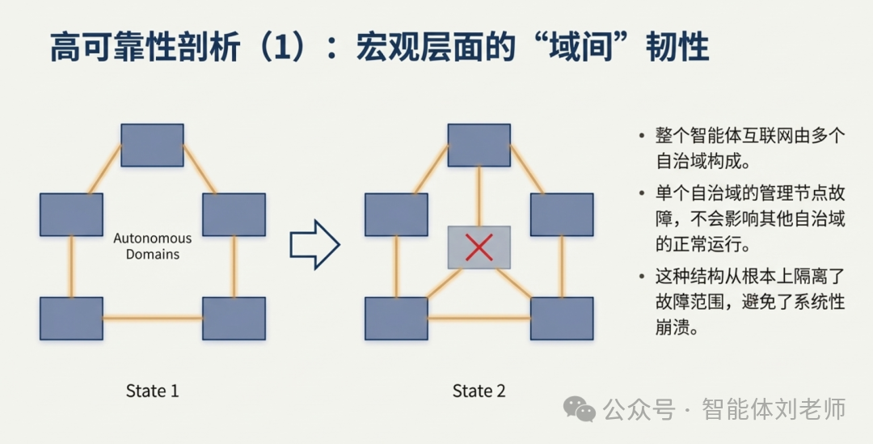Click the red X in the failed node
479,247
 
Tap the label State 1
152,391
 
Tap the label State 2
479,391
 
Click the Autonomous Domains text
153,246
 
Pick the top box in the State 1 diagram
152,145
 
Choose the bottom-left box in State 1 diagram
71,318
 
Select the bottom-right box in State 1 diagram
234,318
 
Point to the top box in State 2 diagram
479,145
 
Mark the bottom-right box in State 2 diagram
562,318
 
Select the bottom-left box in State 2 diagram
396,318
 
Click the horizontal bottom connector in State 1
152,318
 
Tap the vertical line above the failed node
479,196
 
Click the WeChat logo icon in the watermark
580,409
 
